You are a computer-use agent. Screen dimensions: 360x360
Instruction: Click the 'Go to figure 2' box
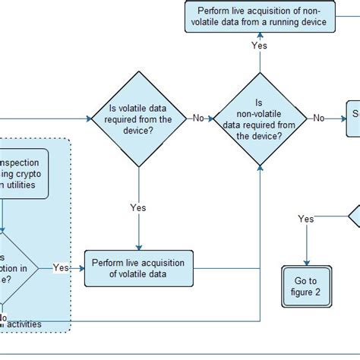pos(306,286)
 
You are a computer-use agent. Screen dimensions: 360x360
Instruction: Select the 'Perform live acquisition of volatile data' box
pos(137,269)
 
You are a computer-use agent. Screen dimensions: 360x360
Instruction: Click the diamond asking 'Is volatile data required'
pos(138,118)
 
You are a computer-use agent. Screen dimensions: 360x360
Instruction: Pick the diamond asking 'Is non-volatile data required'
pos(260,118)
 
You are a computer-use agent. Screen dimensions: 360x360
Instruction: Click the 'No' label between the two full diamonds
pos(199,118)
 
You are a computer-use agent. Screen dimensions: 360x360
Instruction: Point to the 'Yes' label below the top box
pos(260,46)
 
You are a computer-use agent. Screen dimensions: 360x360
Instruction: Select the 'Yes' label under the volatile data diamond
pos(138,208)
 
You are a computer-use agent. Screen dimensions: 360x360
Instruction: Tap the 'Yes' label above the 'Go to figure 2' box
pos(306,219)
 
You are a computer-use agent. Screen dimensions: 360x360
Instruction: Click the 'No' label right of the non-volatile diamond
pos(320,118)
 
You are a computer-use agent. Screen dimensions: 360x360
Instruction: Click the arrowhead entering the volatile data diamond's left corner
pos(88,118)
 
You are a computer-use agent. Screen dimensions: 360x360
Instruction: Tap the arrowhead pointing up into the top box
pos(260,35)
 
